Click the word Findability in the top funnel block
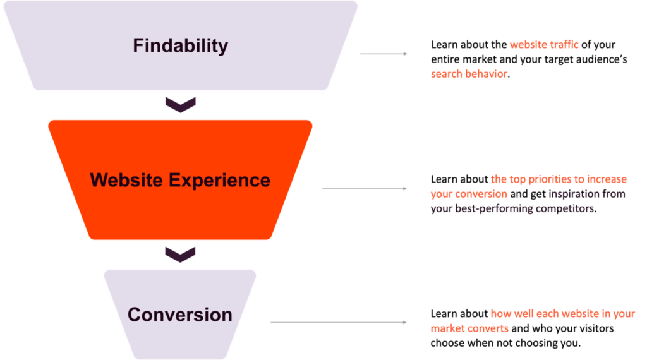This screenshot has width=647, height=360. click(x=180, y=46)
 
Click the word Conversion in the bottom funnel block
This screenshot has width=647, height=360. click(x=180, y=315)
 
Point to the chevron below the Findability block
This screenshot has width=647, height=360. click(x=180, y=104)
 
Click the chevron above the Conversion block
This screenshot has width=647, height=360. click(x=180, y=254)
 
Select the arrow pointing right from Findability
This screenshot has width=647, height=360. click(x=384, y=54)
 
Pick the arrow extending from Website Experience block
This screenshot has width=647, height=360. click(x=365, y=188)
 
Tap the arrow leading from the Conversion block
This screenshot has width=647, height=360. click(x=339, y=322)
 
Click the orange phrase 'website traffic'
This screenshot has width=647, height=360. click(x=544, y=45)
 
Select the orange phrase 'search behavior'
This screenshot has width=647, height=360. click(x=469, y=74)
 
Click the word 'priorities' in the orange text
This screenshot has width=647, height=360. click(x=548, y=180)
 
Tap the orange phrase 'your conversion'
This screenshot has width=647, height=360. click(x=468, y=195)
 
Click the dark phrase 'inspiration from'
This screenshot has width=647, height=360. click(x=586, y=195)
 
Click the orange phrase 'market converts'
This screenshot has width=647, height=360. click(x=469, y=329)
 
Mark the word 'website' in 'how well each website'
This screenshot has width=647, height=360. click(x=576, y=314)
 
